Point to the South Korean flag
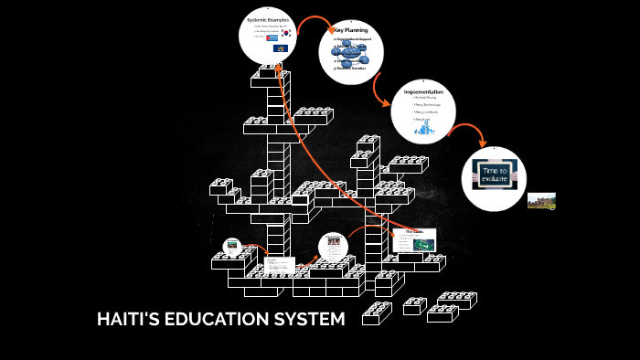point(284,33)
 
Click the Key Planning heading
point(351,30)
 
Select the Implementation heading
point(423,92)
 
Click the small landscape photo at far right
point(541,200)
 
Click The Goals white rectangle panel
point(413,240)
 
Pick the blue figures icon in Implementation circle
point(424,129)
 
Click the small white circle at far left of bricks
point(232,246)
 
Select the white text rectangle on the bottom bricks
point(279,266)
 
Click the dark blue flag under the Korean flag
point(282,48)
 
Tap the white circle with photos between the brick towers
point(334,247)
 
